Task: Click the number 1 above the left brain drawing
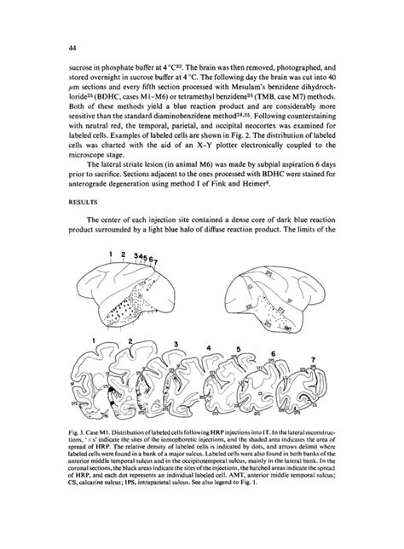click(111, 254)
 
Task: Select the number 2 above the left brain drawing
click(124, 254)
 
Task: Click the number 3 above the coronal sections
click(176, 343)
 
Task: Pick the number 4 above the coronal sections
click(211, 348)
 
